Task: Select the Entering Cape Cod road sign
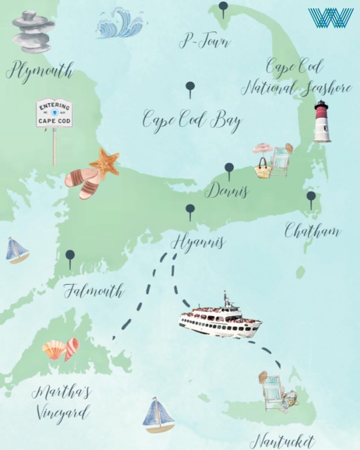point(54,113)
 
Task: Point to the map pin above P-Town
point(224,8)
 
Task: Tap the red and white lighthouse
point(322,122)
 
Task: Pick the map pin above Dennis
point(229,169)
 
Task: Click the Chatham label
point(312,230)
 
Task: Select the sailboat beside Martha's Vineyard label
point(158,415)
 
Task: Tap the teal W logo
point(331,18)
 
